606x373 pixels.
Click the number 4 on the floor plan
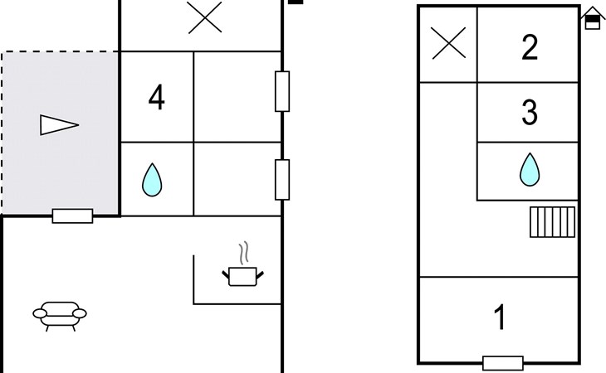[x=156, y=98]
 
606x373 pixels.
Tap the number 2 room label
[x=530, y=48]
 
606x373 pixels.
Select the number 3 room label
[x=530, y=114]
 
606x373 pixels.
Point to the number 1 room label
[x=500, y=317]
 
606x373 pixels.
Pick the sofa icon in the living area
[x=59, y=314]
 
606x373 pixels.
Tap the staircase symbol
[x=552, y=222]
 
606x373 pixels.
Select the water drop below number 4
[x=151, y=179]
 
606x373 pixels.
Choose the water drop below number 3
[x=529, y=169]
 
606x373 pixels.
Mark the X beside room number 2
[x=449, y=43]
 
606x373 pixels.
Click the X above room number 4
[x=204, y=17]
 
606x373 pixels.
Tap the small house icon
[x=592, y=17]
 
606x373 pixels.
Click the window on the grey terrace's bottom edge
[x=72, y=216]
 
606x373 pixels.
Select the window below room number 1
[x=503, y=363]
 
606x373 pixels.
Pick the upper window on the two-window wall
[x=282, y=91]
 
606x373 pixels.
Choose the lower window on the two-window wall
[x=282, y=178]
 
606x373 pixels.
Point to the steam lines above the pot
[x=243, y=251]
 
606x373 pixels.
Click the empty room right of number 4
[x=237, y=98]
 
